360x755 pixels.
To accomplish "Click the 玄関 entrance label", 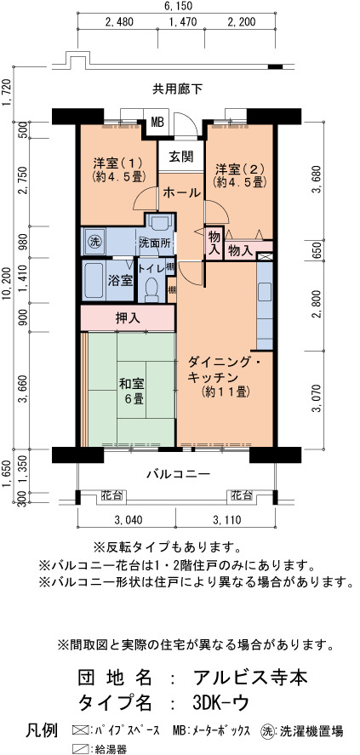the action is (x=181, y=156).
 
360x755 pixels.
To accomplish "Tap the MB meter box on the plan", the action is (x=157, y=122).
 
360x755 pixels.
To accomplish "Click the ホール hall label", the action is (x=181, y=193).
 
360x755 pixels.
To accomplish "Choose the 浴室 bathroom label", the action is (x=121, y=280).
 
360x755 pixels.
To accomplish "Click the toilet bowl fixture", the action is (x=151, y=288).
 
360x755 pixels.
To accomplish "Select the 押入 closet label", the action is (x=128, y=317).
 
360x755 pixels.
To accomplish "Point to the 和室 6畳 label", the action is (x=131, y=391).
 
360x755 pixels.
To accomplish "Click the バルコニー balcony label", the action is (x=179, y=474).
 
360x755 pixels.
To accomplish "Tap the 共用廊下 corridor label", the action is (x=178, y=89).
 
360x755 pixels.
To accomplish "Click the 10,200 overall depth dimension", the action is (x=6, y=285).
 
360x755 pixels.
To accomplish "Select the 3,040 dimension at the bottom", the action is (x=128, y=519).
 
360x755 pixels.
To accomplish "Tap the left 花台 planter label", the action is (x=111, y=495).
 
